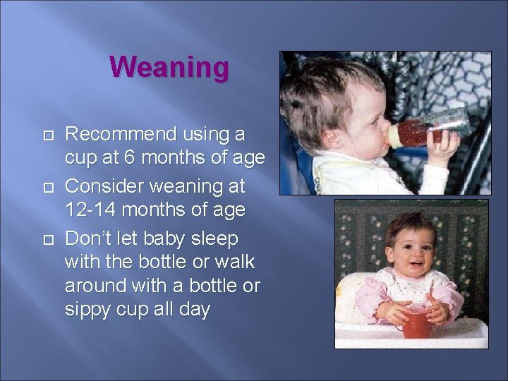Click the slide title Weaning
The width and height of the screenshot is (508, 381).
tap(169, 68)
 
